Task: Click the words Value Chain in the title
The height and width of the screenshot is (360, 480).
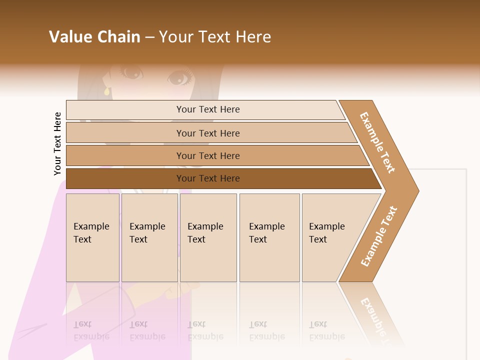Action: pos(94,37)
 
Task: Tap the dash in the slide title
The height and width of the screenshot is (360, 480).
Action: pos(149,37)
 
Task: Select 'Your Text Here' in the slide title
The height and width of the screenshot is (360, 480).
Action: pos(215,37)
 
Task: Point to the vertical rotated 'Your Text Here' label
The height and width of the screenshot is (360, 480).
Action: pos(58,143)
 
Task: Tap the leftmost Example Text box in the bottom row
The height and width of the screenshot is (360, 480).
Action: pos(92,237)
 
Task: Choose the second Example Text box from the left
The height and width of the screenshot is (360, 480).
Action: pos(149,237)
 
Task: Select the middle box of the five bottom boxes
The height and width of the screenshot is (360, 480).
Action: pos(208,237)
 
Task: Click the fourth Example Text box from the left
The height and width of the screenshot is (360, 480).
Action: pos(269,237)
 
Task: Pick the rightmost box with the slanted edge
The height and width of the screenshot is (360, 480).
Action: pos(330,237)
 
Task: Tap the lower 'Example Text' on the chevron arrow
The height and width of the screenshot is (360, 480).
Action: pos(379,236)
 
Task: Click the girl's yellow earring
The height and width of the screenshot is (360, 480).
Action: pos(106,91)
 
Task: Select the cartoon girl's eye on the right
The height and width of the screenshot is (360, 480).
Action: pos(178,78)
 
